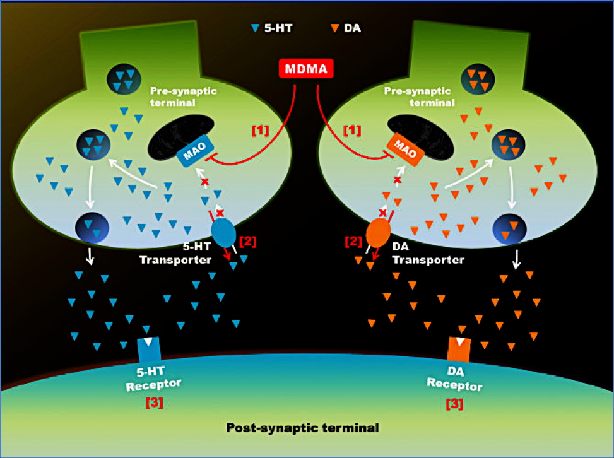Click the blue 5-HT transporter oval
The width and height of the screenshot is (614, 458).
coord(223,232)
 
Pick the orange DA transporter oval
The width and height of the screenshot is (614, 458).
coord(378,232)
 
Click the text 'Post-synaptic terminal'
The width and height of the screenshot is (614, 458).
coord(302,428)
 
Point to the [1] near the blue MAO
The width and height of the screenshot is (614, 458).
coord(261,130)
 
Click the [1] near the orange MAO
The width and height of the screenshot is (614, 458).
coord(352,130)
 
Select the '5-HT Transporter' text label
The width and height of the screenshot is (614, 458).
coord(180,254)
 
